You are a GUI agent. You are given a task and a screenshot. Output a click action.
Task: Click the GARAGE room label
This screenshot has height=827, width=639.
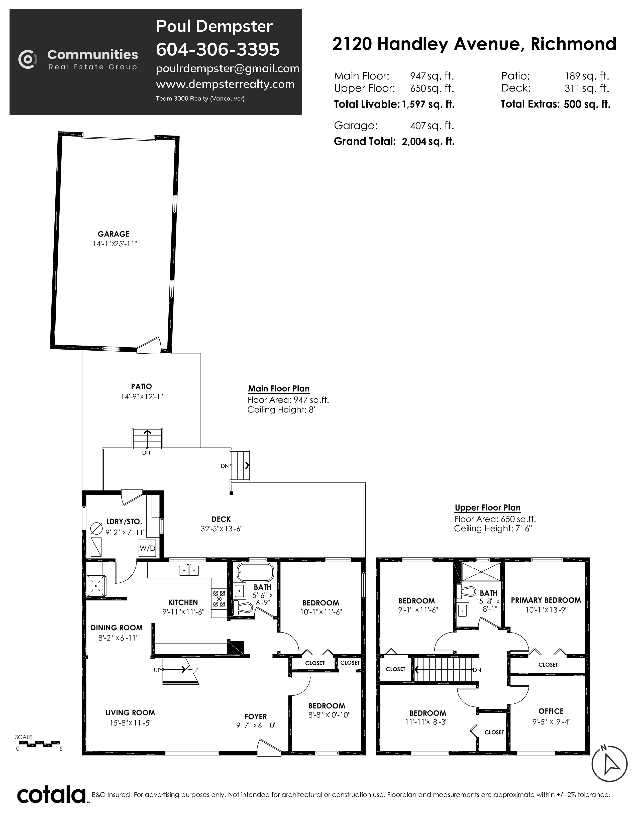point(113,234)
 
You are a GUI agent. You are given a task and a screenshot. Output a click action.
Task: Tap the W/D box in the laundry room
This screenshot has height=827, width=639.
point(147,548)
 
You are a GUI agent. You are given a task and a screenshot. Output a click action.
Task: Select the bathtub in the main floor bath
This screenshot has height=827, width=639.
point(255,573)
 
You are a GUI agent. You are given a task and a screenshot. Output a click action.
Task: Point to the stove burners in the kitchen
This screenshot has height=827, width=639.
point(219,599)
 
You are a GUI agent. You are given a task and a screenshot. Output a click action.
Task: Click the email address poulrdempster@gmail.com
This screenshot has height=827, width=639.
point(228,68)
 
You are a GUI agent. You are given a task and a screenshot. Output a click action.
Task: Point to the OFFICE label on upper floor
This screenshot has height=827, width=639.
point(551,711)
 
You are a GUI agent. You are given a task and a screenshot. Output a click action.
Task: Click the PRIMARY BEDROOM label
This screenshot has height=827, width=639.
point(546,600)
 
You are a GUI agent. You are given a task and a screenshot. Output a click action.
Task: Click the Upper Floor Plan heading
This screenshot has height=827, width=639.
point(488,508)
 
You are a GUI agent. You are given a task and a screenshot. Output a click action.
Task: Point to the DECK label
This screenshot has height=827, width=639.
point(221,519)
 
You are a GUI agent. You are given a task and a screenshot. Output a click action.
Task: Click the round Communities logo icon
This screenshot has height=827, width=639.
point(28,59)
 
